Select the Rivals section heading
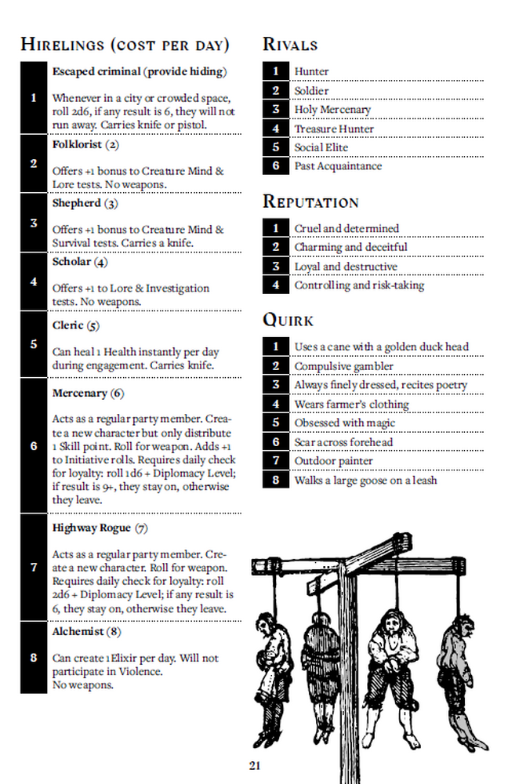(290, 45)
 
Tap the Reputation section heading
(310, 201)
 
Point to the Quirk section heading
(288, 320)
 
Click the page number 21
(254, 765)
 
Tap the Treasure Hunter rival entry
(334, 129)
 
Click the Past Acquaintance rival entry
(338, 166)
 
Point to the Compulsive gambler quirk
(343, 366)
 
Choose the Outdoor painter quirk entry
(333, 461)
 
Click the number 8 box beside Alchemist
(34, 657)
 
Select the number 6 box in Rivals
(276, 166)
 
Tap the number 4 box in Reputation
(276, 285)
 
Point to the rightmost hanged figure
(459, 666)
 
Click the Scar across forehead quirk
(343, 442)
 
